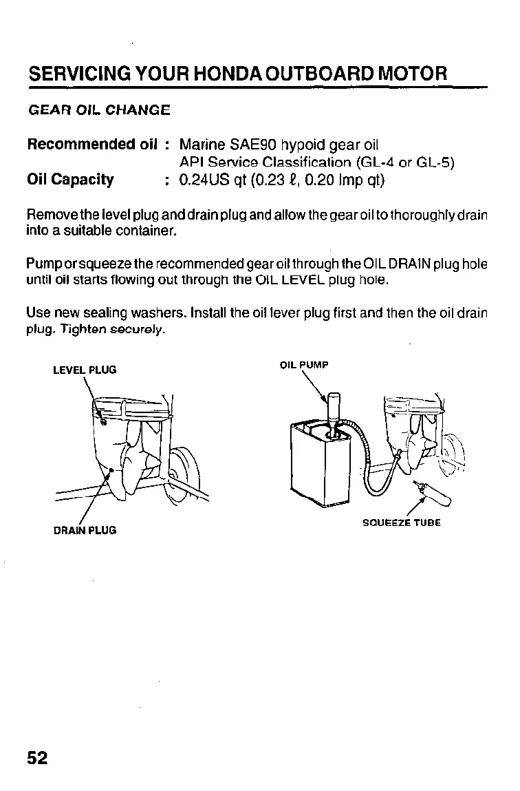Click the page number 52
tap(38, 757)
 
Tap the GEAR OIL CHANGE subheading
tap(98, 110)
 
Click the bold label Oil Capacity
tap(70, 180)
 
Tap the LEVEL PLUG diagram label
tap(85, 370)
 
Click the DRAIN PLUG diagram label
tap(85, 530)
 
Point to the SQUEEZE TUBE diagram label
tap(402, 523)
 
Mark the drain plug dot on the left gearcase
tap(111, 470)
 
